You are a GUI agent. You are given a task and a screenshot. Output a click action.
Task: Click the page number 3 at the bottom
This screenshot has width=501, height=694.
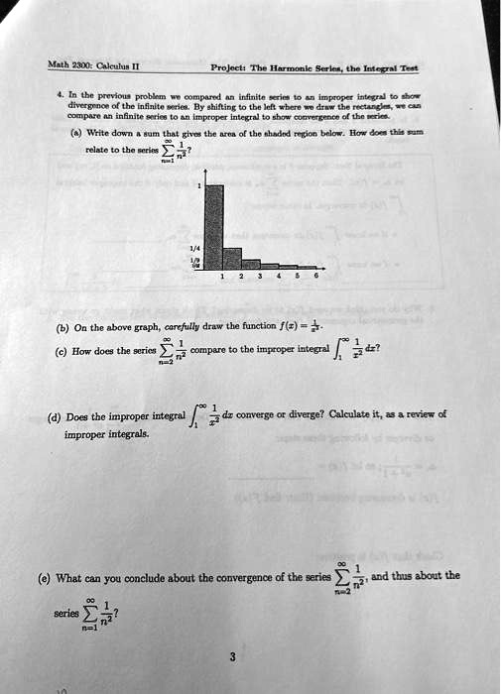point(232,655)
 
